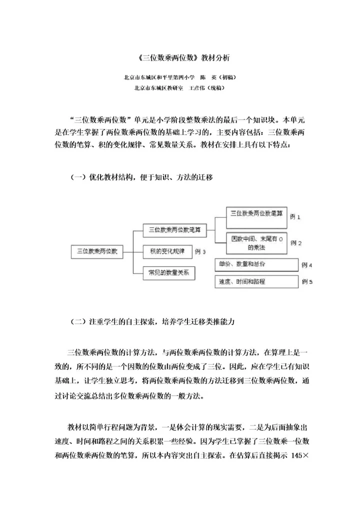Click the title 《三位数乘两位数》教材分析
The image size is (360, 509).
pyautogui.click(x=179, y=58)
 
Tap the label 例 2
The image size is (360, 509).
pyautogui.click(x=296, y=243)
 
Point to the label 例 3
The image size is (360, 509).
pyautogui.click(x=200, y=251)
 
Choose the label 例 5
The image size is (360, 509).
pyautogui.click(x=307, y=282)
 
